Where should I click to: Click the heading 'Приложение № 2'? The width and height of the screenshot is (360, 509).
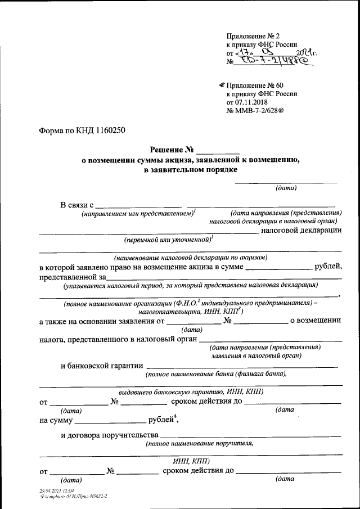click(x=252, y=35)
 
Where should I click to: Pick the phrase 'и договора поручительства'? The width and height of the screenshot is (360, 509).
click(x=109, y=434)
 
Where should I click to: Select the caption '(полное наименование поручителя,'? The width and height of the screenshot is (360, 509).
click(x=199, y=443)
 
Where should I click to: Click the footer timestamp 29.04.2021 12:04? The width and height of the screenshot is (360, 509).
click(x=54, y=491)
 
